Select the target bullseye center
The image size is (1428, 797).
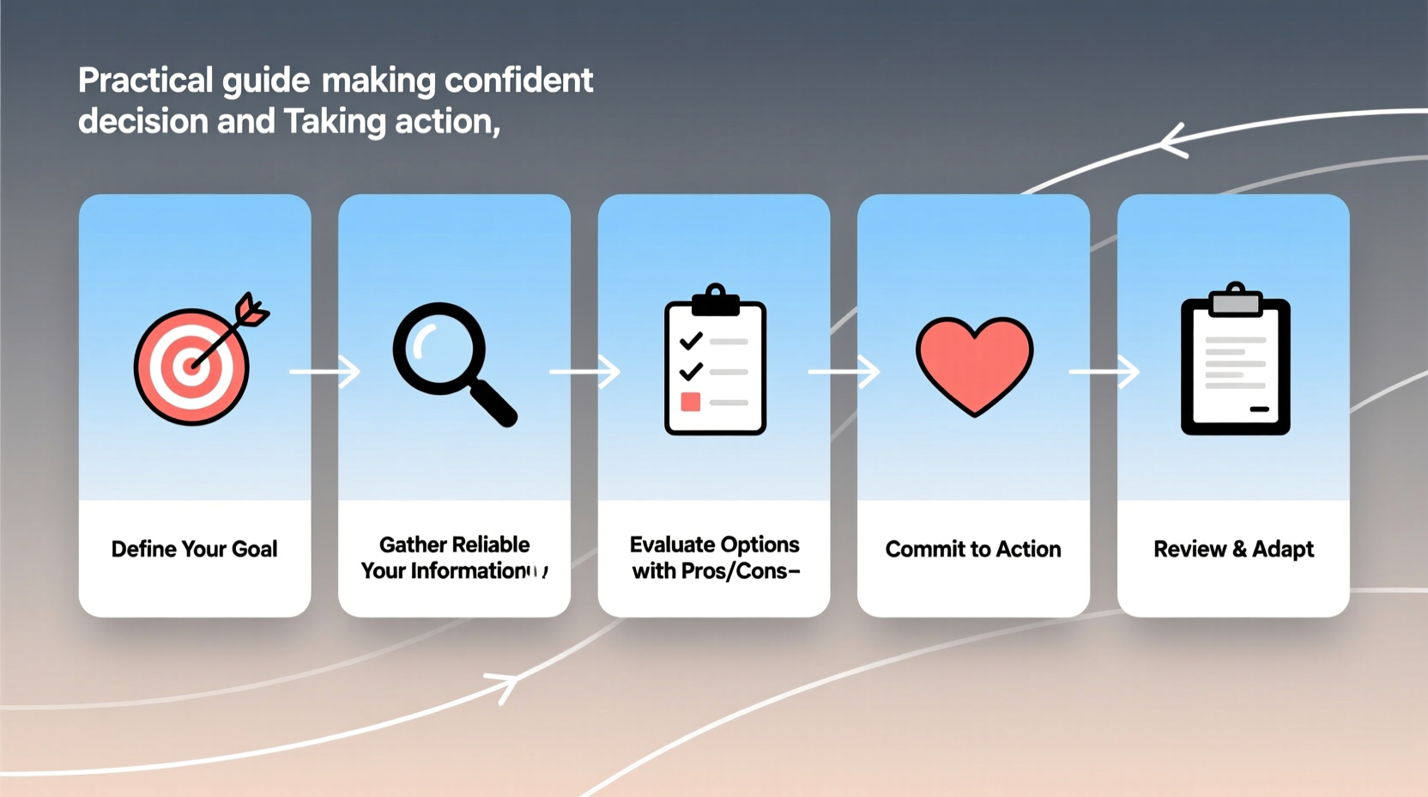point(191,367)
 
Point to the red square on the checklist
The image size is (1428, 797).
point(690,402)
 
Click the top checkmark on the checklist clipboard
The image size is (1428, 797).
point(691,341)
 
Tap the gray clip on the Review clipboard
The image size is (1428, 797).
point(1236,301)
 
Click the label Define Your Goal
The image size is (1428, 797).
point(195,549)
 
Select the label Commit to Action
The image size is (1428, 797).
point(973,549)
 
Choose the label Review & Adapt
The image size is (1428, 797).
point(1233,549)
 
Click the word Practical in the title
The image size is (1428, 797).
point(145,81)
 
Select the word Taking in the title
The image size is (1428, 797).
point(335,122)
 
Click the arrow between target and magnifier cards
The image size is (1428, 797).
point(326,372)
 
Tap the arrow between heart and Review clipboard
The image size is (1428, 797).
point(1105,372)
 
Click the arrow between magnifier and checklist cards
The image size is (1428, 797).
point(585,372)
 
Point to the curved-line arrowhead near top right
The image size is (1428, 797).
point(1172,141)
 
